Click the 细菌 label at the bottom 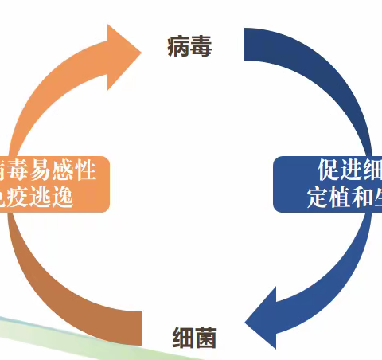194,338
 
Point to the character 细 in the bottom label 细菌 183,338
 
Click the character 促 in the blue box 329,170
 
